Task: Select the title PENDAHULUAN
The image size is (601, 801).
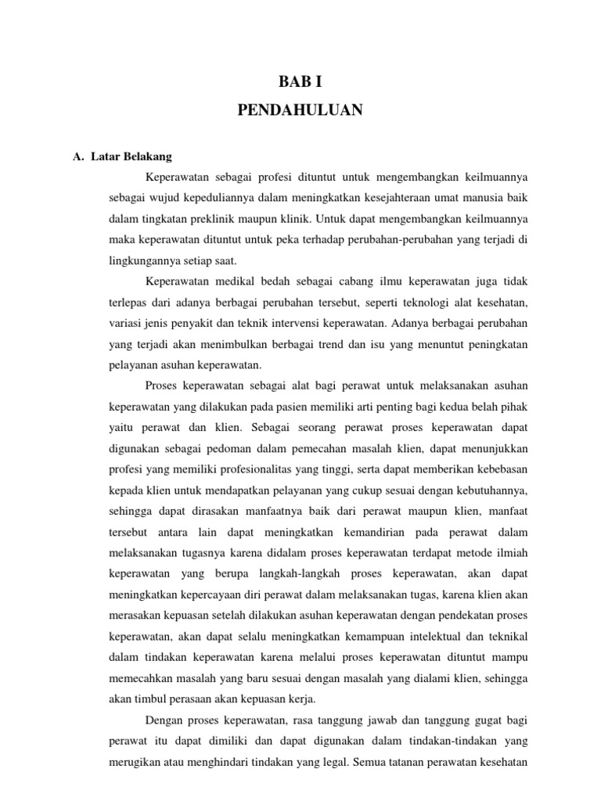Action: click(x=300, y=111)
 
